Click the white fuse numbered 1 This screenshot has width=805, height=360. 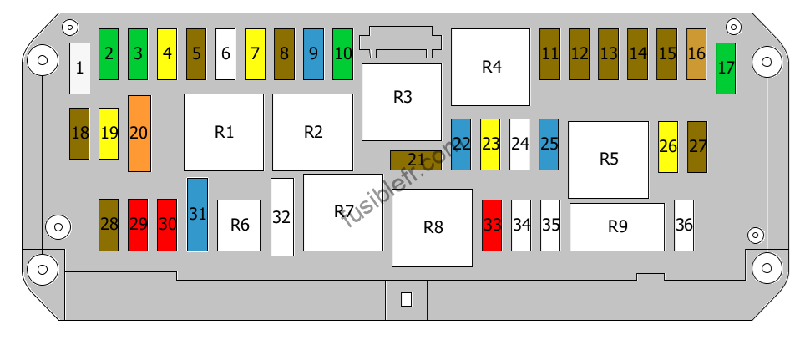(79, 68)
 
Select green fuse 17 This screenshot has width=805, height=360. (726, 68)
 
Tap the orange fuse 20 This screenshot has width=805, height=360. (139, 134)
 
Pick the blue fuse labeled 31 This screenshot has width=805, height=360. (197, 215)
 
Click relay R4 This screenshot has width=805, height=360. (490, 68)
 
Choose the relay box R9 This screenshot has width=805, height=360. (617, 227)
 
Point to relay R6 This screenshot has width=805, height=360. (239, 226)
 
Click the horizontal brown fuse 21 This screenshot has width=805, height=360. (416, 160)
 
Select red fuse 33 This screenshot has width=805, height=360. (492, 226)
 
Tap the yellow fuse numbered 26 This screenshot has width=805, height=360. (668, 147)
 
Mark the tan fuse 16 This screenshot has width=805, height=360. (696, 54)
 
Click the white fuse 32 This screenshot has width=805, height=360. (282, 217)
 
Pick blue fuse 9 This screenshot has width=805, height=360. (313, 54)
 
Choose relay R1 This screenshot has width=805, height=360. (224, 132)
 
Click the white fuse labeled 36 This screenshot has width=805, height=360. (684, 226)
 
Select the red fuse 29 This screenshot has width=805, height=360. (138, 226)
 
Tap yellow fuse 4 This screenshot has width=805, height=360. (167, 54)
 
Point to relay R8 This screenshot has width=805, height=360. (432, 228)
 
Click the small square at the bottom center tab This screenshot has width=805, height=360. (406, 299)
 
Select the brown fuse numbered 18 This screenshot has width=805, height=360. (79, 134)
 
